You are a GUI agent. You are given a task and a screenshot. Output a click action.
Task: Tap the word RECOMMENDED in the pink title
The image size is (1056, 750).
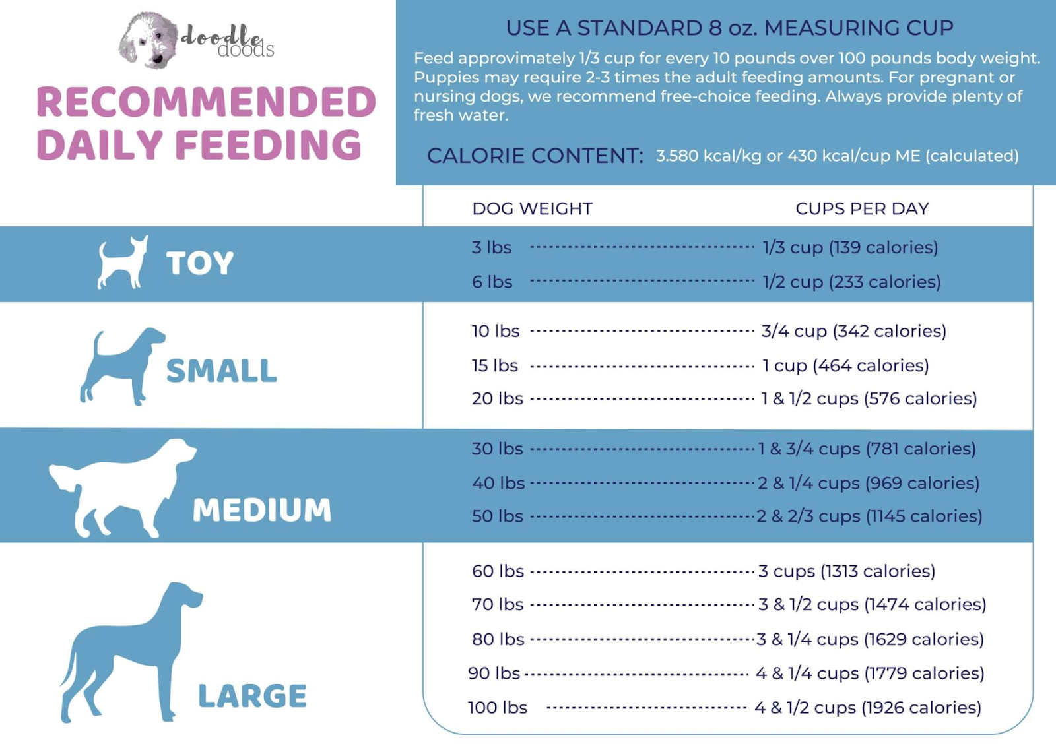(x=206, y=102)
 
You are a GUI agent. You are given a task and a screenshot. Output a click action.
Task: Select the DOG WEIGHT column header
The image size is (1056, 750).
(x=532, y=209)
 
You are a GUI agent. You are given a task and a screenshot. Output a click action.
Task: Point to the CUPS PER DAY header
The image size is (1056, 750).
(x=862, y=209)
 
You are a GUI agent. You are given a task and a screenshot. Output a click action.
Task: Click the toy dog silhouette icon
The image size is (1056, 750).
(x=122, y=263)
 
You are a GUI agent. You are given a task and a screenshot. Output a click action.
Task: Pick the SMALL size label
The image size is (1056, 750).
(x=221, y=371)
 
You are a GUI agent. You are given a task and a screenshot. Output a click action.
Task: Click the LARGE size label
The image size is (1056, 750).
(x=252, y=696)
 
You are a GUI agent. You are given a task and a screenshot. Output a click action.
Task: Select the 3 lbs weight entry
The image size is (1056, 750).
(x=492, y=247)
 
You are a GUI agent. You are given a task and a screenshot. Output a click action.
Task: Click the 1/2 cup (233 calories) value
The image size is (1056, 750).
(x=851, y=282)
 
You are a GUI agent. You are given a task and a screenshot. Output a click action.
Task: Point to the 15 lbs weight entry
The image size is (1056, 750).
(x=495, y=365)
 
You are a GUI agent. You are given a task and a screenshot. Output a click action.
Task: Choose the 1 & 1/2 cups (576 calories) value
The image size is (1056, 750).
(x=869, y=399)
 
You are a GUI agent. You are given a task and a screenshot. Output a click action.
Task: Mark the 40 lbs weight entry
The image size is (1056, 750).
(x=498, y=484)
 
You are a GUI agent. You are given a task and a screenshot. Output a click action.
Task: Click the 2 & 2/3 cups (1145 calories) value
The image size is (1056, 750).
(x=869, y=516)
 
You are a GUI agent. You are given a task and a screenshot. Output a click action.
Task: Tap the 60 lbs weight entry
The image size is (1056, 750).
(x=498, y=571)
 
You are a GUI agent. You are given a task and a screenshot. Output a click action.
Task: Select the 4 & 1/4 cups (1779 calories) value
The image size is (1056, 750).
(x=870, y=673)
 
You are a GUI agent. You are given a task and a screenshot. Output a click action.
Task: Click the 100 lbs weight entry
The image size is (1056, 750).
(x=498, y=708)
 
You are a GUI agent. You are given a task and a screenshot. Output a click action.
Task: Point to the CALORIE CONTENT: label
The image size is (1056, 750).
(x=535, y=156)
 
